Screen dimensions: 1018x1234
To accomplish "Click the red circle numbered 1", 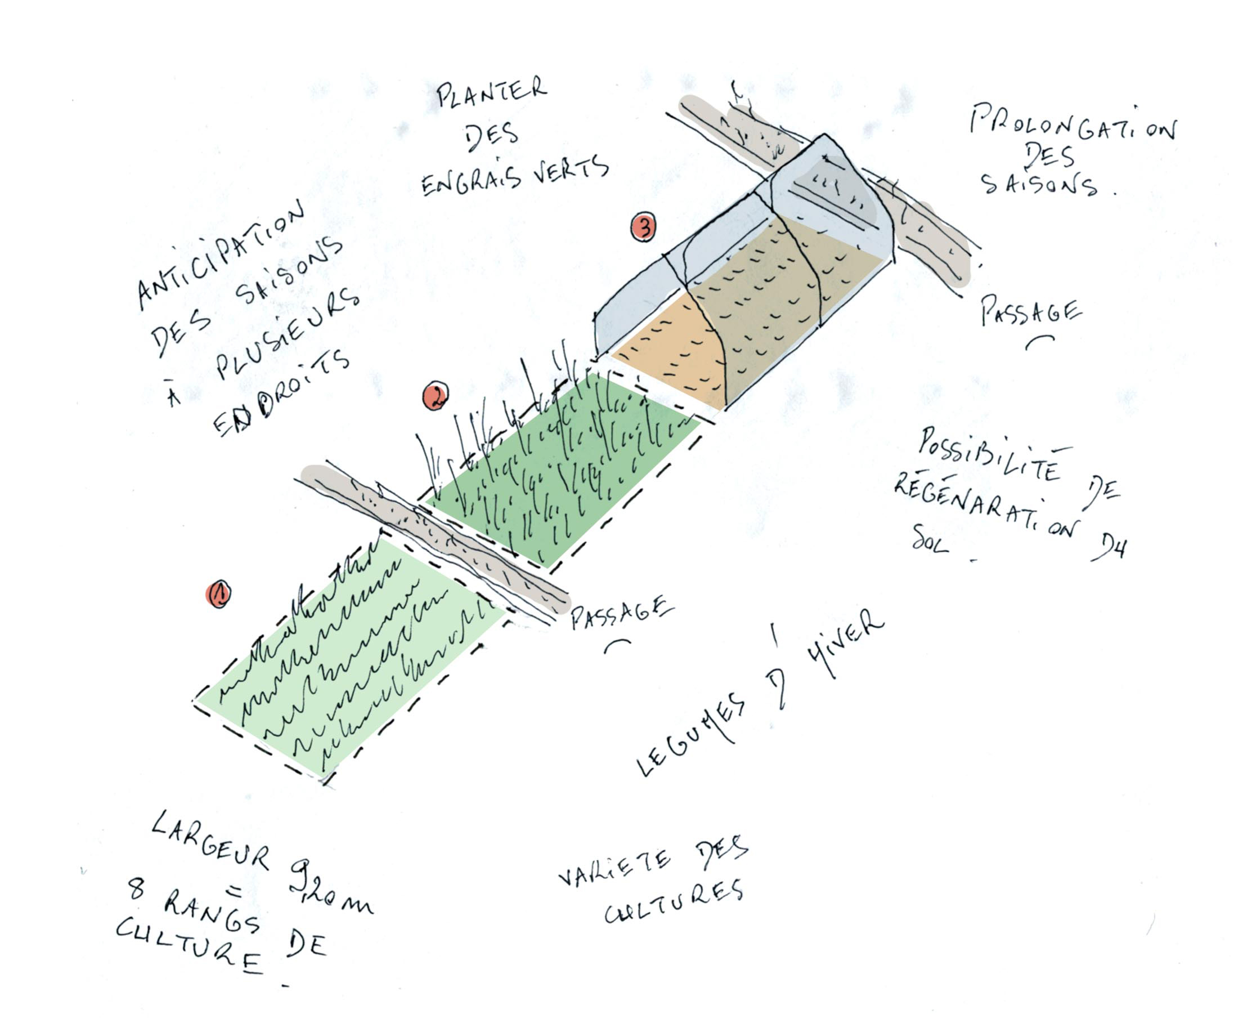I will (218, 595).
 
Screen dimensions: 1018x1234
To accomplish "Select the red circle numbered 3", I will (643, 227).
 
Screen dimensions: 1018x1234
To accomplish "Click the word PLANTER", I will (491, 94).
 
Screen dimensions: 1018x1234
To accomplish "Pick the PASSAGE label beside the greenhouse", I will (1030, 311).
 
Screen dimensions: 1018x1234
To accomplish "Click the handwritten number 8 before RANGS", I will (136, 888).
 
